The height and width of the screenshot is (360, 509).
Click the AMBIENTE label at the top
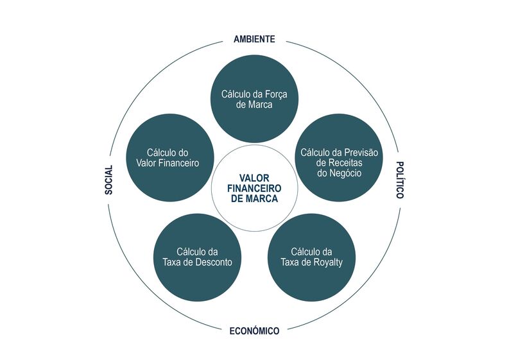tap(254, 39)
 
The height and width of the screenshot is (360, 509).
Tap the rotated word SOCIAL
tap(108, 180)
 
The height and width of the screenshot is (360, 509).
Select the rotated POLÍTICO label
tap(400, 180)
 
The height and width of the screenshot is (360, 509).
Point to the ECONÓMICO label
tap(254, 330)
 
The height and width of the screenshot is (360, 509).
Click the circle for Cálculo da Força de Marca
tap(254, 99)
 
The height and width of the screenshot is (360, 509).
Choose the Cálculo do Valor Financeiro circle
tap(170, 157)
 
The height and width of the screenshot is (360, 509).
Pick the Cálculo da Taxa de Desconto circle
tap(197, 257)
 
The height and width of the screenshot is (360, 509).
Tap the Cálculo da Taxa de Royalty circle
tap(311, 257)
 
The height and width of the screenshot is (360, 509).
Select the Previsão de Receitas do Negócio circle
tap(339, 157)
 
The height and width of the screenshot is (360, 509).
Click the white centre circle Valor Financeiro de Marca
tap(254, 188)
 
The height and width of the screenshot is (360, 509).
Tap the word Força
tap(276, 94)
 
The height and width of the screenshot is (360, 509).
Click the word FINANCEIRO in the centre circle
tap(254, 188)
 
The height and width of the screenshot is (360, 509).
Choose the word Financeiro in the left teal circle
tap(179, 162)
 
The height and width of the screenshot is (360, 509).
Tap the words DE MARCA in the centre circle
tap(254, 199)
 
